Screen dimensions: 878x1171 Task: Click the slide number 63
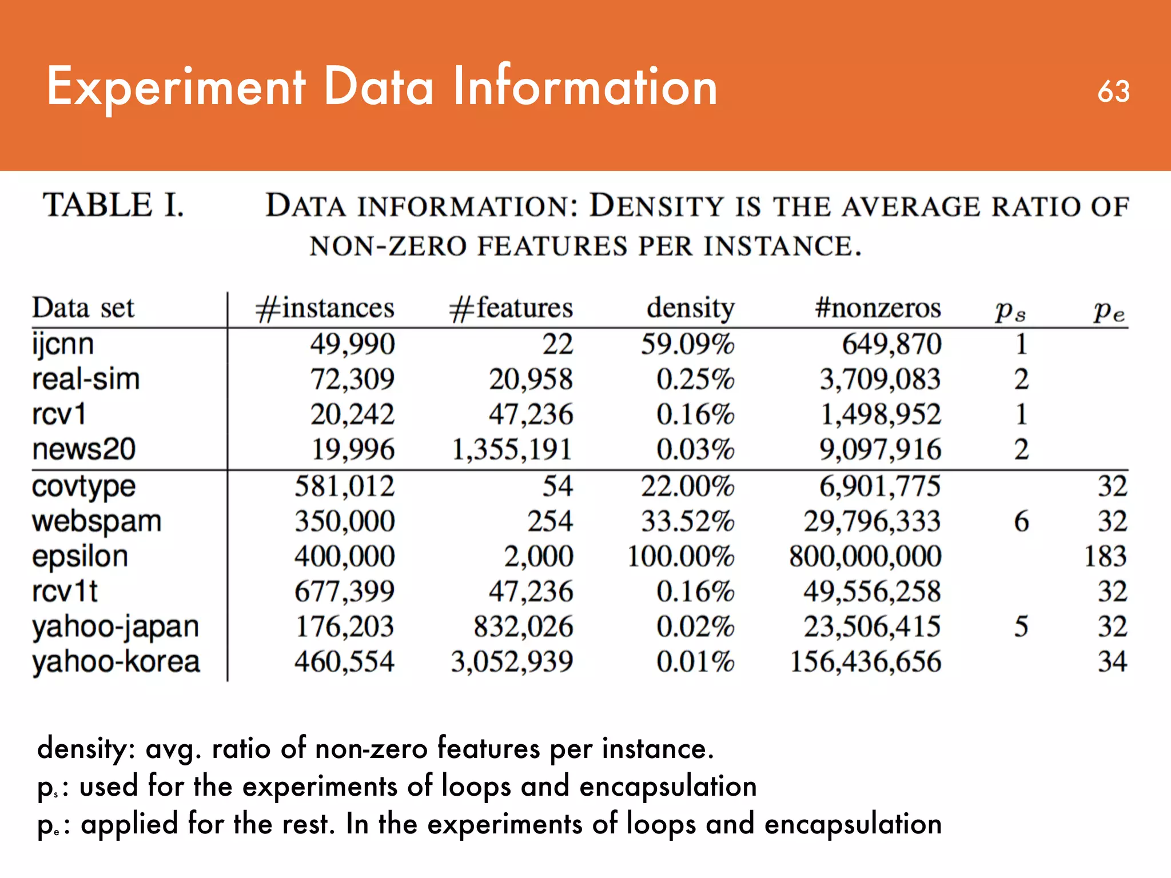point(1113,91)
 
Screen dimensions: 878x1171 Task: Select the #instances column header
point(324,309)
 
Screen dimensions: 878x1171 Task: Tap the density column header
point(690,309)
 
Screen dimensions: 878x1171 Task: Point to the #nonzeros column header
point(878,309)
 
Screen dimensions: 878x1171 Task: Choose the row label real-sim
point(86,380)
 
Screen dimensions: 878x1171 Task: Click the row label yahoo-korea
point(116,662)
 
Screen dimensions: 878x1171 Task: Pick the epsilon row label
point(80,556)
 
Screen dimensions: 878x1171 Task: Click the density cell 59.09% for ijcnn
point(687,344)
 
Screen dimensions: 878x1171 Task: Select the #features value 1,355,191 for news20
point(512,449)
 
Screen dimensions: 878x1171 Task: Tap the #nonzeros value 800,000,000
point(865,556)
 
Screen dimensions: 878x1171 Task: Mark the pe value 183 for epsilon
point(1105,556)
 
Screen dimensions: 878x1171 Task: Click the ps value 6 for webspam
point(1021,521)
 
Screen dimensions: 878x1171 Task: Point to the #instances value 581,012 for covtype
point(344,486)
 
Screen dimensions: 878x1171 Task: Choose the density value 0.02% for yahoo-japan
point(695,626)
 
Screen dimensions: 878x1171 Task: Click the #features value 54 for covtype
point(557,486)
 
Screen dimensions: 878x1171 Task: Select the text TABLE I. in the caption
point(113,205)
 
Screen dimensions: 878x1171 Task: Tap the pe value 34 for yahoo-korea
point(1112,662)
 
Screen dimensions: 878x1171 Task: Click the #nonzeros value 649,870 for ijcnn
point(891,344)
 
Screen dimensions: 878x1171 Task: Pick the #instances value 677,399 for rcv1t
point(344,591)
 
